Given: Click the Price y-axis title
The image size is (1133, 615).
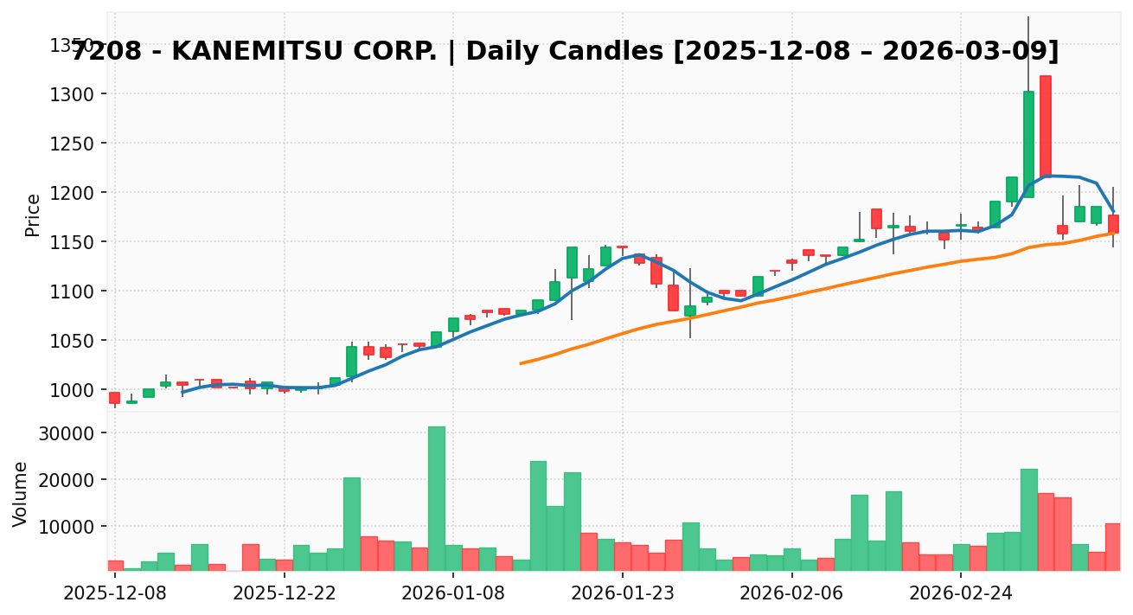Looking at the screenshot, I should [33, 215].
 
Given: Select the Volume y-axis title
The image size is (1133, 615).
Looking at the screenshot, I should [21, 494].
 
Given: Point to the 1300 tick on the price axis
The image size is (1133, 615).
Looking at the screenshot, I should [74, 94].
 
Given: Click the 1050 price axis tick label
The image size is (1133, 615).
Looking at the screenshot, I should [74, 341].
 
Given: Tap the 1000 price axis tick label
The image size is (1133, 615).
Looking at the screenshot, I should [74, 390].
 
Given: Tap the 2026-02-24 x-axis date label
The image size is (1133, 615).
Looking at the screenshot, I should [959, 593].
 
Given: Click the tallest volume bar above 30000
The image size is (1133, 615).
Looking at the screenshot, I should [437, 498].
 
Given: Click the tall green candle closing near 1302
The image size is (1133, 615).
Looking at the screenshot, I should [1028, 144].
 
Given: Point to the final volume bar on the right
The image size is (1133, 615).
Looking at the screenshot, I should [1112, 547].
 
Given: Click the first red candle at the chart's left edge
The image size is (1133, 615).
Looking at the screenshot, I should [114, 398].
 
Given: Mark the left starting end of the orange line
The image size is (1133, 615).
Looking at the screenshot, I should [521, 363].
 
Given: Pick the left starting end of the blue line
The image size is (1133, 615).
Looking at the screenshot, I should [182, 393].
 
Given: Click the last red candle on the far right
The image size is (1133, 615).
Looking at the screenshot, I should [1112, 223].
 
